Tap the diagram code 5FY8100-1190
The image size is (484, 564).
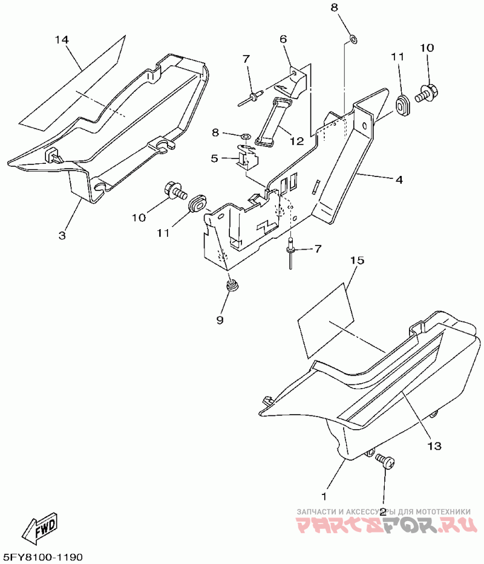[43, 556]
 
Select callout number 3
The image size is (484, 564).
[62, 235]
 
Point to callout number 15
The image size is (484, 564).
[357, 261]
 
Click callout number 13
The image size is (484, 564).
[435, 446]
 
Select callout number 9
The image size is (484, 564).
[220, 318]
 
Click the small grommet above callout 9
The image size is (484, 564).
[230, 285]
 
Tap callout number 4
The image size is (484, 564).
[399, 180]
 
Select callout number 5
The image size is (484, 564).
[214, 158]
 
